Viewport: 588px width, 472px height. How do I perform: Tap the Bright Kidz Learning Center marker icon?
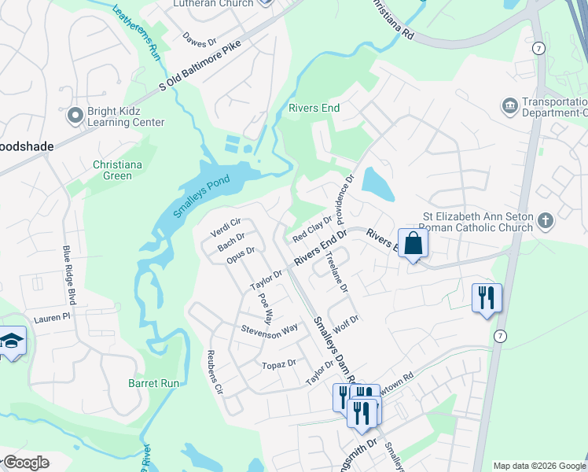tap(75, 116)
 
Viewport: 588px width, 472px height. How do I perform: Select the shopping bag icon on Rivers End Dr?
tap(413, 243)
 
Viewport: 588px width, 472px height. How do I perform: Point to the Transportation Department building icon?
tap(509, 105)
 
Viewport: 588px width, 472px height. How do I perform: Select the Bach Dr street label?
tap(231, 242)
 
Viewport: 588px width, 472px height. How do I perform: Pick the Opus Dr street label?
tap(241, 256)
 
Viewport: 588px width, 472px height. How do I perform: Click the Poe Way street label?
tap(265, 311)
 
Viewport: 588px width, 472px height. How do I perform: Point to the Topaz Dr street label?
tap(279, 363)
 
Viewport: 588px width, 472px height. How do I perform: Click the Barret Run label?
tap(154, 383)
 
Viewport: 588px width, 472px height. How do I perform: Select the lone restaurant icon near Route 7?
tap(486, 298)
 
